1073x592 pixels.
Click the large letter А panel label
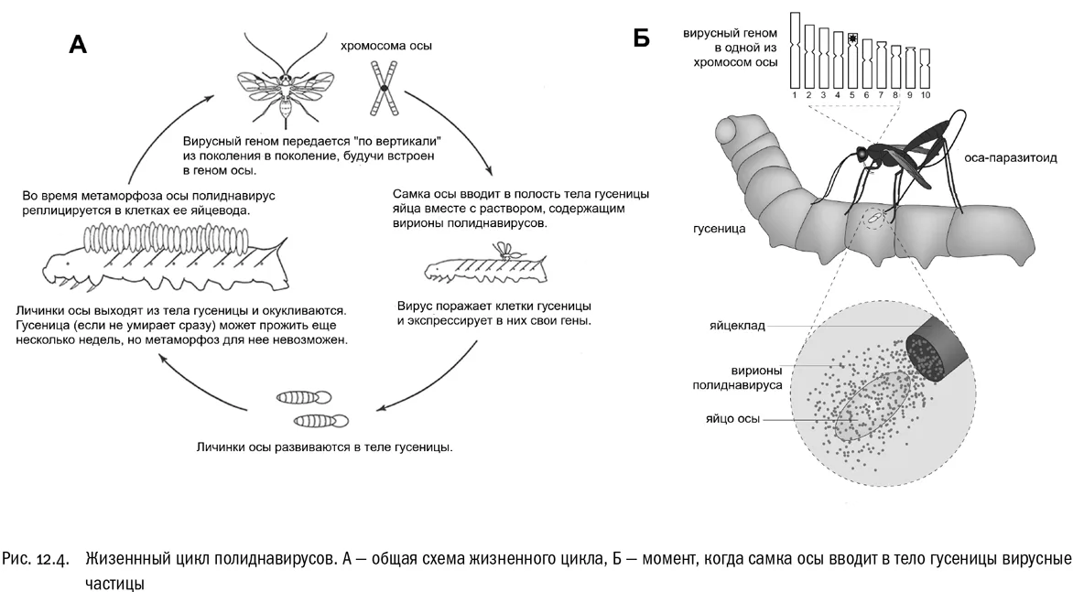click(77, 44)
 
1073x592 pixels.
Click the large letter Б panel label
click(641, 39)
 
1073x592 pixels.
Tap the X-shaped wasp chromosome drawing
click(384, 88)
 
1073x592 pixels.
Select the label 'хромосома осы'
click(386, 46)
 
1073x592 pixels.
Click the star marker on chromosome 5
click(852, 38)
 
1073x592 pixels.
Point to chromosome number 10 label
click(926, 95)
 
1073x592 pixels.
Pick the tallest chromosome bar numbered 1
click(795, 50)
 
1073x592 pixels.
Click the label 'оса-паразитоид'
click(1011, 158)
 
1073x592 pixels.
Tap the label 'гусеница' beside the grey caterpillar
click(719, 229)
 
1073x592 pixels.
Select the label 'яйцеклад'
click(737, 326)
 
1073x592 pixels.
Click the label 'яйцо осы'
click(733, 418)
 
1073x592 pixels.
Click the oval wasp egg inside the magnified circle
click(872, 406)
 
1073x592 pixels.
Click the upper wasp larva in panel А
click(304, 396)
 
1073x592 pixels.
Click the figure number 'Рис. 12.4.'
click(36, 559)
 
